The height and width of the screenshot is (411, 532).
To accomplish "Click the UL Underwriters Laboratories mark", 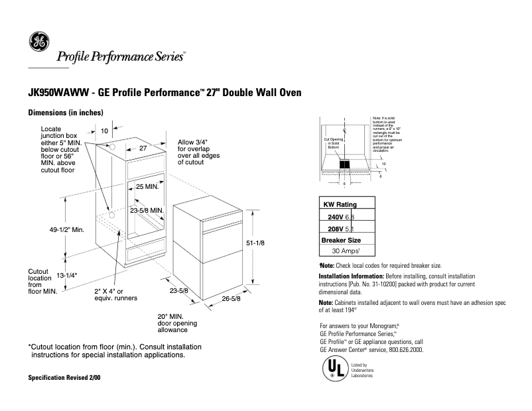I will (x=334, y=369).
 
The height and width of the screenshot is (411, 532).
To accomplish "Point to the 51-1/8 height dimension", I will (x=255, y=243).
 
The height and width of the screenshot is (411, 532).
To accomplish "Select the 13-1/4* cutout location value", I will (x=67, y=275).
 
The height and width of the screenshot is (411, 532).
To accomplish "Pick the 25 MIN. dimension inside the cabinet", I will (x=147, y=187).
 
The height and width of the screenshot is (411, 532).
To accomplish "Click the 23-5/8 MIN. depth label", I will (x=147, y=210).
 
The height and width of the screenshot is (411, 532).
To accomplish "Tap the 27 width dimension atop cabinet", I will (x=142, y=149).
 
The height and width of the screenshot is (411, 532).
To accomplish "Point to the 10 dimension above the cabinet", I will (x=104, y=131).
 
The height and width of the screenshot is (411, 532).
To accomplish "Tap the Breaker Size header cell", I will (x=341, y=240).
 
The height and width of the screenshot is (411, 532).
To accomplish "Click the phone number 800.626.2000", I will (x=401, y=349).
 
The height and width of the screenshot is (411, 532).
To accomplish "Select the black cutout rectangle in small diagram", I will (x=345, y=163).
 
